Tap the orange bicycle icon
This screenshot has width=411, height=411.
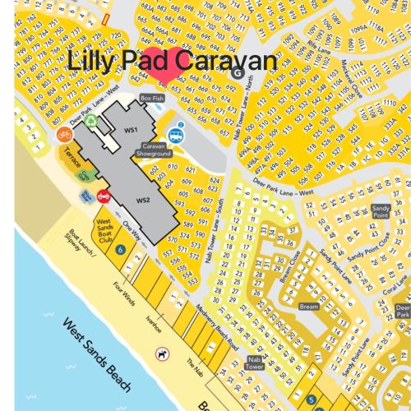click(x=62, y=134)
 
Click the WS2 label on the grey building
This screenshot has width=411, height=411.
click(x=143, y=200)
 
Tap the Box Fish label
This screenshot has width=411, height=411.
click(x=152, y=98)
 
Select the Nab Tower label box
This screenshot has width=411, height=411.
click(x=255, y=363)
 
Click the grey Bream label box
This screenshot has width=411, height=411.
click(x=308, y=306)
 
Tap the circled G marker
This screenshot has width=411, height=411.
click(x=238, y=72)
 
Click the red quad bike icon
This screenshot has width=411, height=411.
click(x=104, y=196)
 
